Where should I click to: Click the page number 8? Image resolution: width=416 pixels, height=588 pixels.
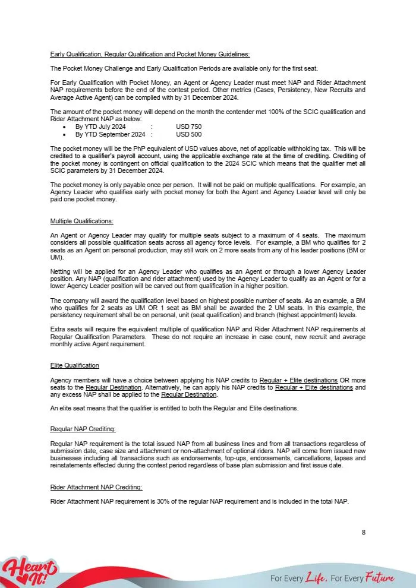click(x=363, y=532)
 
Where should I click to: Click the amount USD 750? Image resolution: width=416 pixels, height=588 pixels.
click(x=188, y=127)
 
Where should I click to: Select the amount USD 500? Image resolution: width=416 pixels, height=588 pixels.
click(x=188, y=134)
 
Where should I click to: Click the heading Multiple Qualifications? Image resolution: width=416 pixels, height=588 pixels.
click(x=81, y=221)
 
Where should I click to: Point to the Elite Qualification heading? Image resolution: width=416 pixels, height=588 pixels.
click(x=75, y=365)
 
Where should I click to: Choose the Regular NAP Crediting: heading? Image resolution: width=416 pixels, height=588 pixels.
click(x=83, y=429)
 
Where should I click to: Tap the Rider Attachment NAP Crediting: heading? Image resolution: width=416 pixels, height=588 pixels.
click(x=96, y=487)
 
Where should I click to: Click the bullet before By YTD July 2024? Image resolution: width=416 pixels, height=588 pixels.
click(x=64, y=127)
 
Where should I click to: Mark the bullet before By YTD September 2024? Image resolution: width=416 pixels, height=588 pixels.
click(x=64, y=135)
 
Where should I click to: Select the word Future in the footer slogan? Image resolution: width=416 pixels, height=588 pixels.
click(x=380, y=577)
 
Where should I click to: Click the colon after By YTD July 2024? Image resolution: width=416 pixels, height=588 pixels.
click(x=152, y=127)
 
